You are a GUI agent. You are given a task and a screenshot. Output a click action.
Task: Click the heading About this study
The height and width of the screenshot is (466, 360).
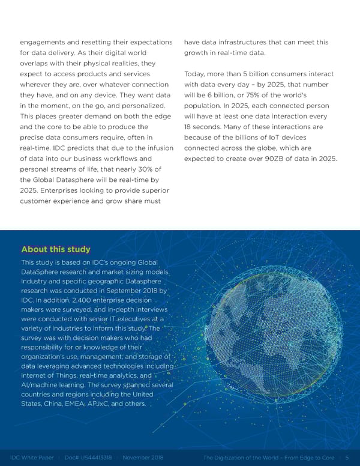click(x=56, y=249)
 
